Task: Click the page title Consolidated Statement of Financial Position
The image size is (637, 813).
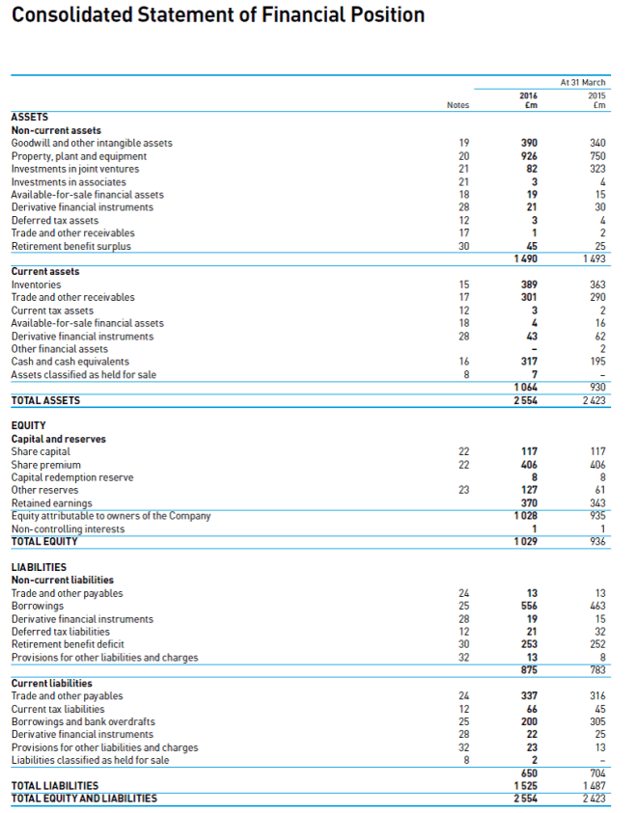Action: point(218,15)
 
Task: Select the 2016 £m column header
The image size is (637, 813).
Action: point(529,100)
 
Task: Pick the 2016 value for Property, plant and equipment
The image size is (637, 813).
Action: point(529,156)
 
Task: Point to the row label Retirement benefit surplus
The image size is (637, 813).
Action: point(70,246)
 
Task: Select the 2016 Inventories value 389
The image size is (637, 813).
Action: point(529,285)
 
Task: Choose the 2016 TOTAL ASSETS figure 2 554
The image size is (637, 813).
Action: point(525,400)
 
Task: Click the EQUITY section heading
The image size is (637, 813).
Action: point(28,425)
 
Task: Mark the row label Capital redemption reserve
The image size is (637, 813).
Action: point(72,477)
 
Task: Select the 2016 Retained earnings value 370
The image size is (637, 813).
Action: point(529,502)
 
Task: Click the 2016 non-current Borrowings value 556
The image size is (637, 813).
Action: point(529,607)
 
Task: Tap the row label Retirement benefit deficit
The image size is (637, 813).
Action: point(69,645)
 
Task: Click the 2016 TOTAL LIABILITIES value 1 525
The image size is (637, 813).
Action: point(525,786)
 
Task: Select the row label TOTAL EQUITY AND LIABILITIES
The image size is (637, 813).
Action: point(84,799)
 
